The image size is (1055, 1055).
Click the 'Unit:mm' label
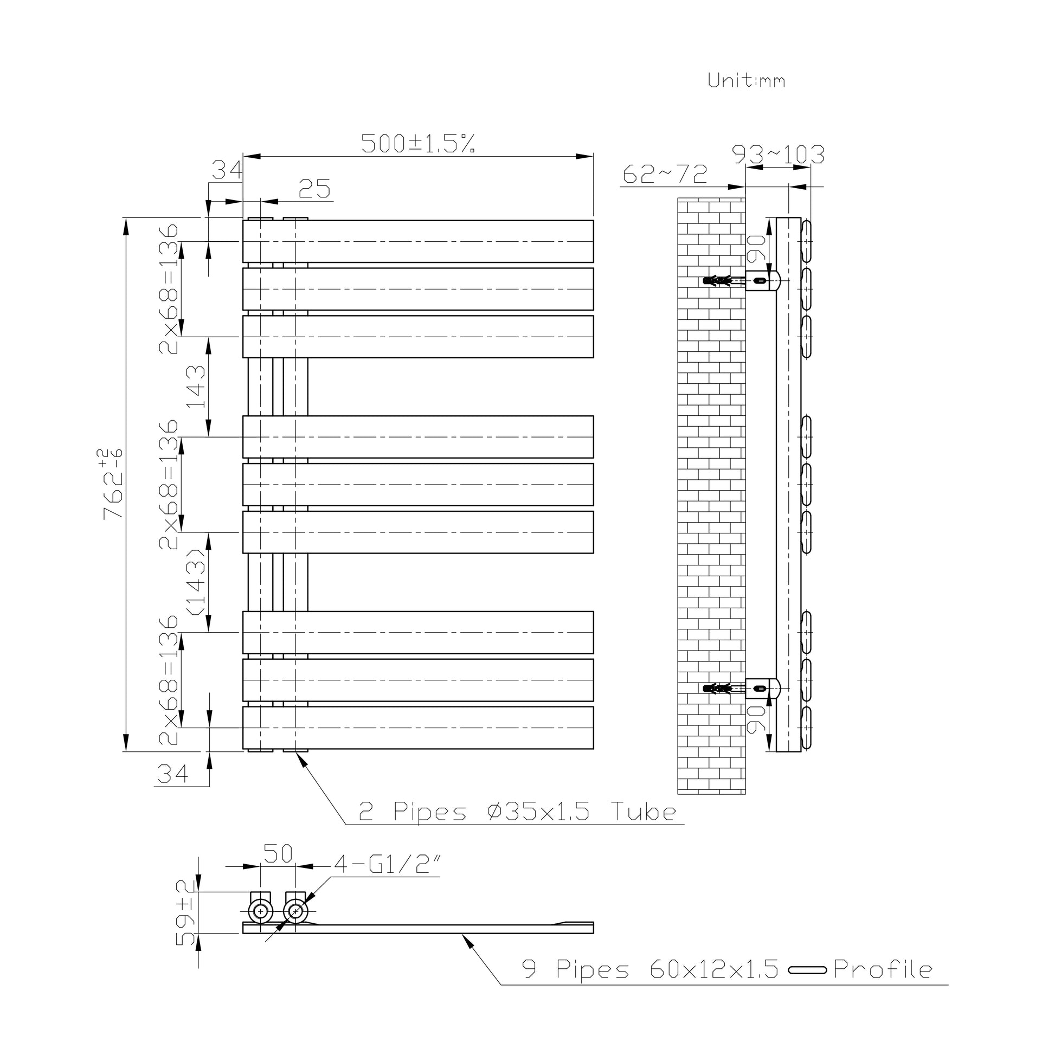746,81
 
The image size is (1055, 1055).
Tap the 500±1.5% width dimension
418,144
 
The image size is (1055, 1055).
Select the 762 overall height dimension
112,484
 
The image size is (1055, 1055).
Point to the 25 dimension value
315,189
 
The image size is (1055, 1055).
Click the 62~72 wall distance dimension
665,174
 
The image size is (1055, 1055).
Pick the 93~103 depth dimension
778,155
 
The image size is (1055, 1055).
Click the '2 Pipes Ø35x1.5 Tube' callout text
517,812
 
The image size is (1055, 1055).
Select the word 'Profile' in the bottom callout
883,970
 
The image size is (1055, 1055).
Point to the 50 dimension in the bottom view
279,853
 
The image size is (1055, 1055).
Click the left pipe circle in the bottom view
260,911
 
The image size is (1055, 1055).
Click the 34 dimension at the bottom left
173,774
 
